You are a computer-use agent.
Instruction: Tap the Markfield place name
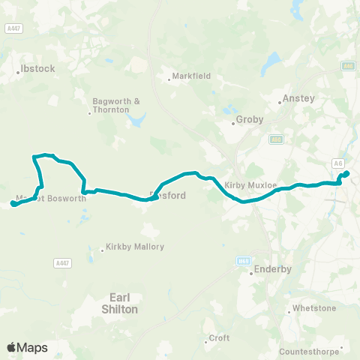tap(191, 76)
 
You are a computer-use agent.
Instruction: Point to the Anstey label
tap(294, 97)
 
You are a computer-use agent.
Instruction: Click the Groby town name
tap(249, 118)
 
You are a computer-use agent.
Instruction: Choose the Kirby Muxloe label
tap(247, 184)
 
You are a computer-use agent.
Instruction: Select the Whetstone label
tap(313, 308)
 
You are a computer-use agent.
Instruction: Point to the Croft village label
tap(219, 337)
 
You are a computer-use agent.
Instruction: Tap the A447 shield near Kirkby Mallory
tap(63, 262)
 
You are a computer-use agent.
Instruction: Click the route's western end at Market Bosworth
tap(13, 204)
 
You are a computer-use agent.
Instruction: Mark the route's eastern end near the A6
tap(346, 174)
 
